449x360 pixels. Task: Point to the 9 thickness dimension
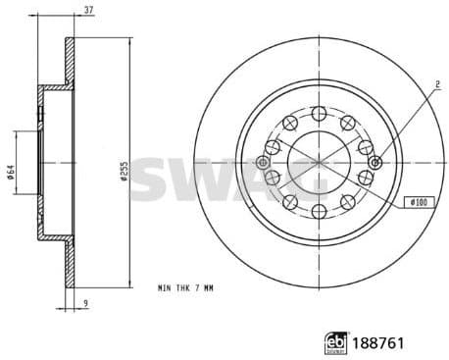(85, 303)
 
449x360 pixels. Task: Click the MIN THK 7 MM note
(183, 288)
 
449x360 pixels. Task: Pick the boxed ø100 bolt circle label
(417, 201)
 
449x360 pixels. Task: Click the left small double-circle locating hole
(262, 162)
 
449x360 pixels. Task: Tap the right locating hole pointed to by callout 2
(375, 162)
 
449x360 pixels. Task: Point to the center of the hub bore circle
(319, 162)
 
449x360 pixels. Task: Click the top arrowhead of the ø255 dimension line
(129, 40)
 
